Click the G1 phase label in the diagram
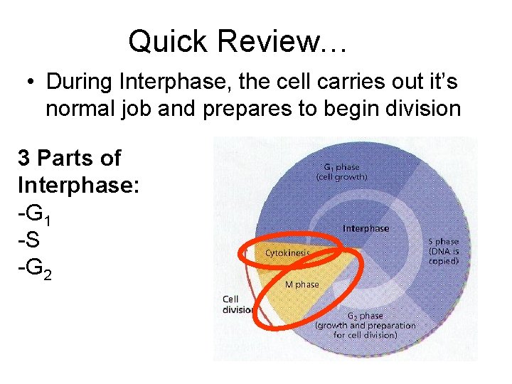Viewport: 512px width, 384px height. click(x=341, y=166)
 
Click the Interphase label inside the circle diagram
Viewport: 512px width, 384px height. click(x=366, y=228)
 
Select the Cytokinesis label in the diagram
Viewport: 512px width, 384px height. click(x=287, y=252)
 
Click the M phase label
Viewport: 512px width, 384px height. click(x=302, y=284)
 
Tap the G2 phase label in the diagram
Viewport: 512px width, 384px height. click(x=365, y=315)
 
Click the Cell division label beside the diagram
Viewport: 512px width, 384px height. click(x=234, y=304)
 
